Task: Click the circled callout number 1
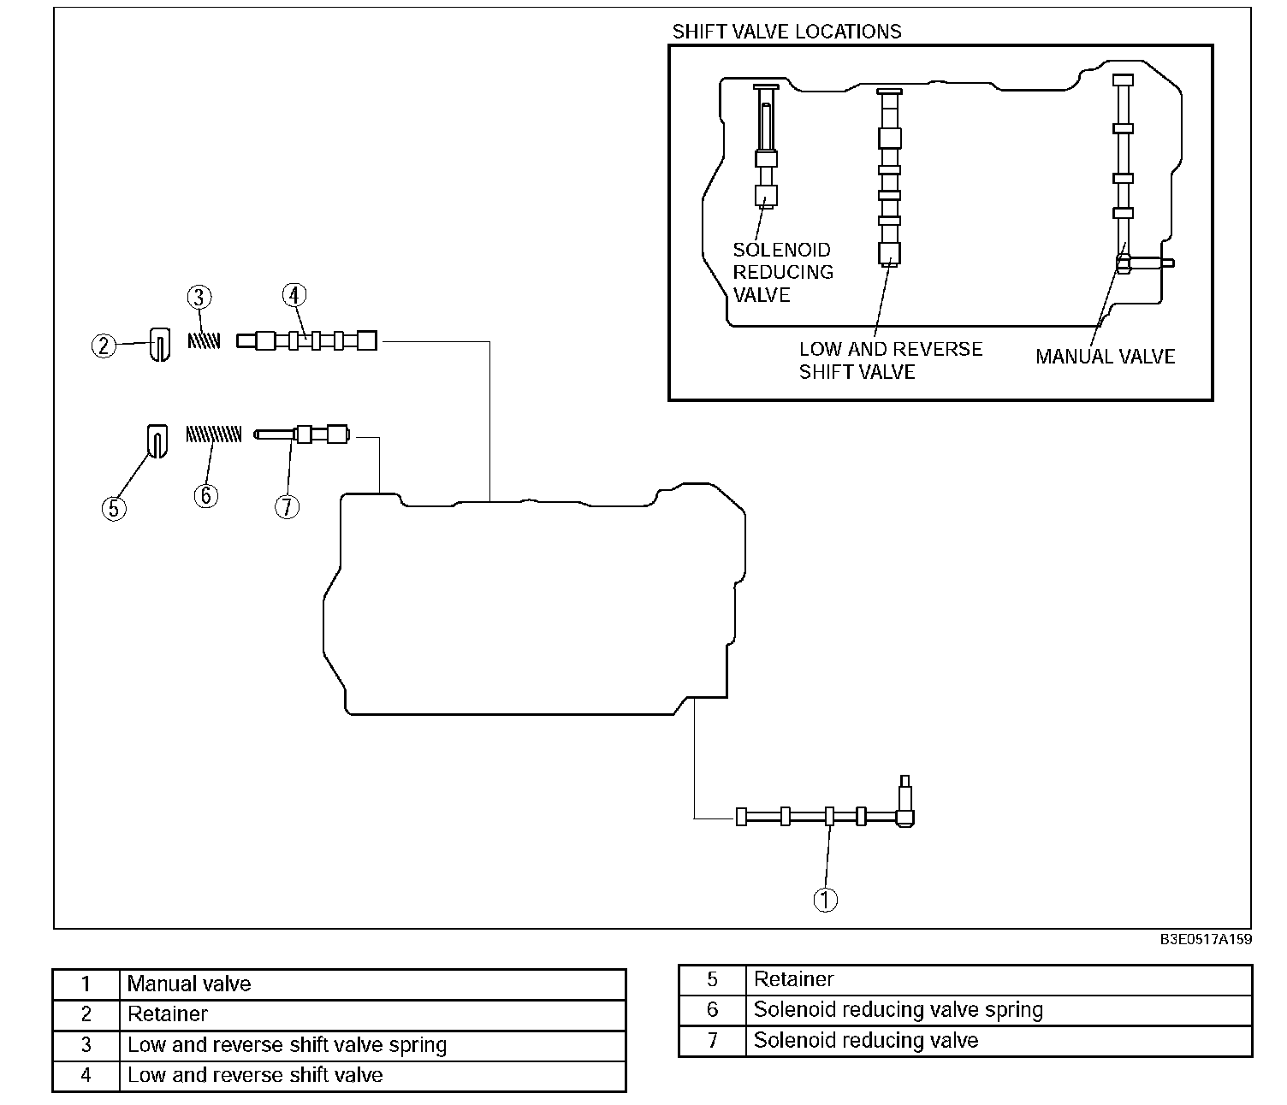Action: (826, 900)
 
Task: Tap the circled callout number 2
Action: (104, 346)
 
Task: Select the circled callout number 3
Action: (199, 297)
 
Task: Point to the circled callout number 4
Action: (294, 295)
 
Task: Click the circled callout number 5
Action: (114, 508)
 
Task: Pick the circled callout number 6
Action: (206, 496)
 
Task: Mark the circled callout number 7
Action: (287, 506)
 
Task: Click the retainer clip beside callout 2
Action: (160, 345)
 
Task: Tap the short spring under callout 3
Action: (205, 340)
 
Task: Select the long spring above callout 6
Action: (214, 434)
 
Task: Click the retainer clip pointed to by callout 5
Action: (157, 441)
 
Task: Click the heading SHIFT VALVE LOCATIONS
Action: (786, 31)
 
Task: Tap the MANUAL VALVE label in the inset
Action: (1106, 357)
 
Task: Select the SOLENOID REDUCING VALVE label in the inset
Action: (783, 272)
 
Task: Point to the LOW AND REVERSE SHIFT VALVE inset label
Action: (891, 360)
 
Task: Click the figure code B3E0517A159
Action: (1206, 939)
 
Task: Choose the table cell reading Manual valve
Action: (372, 984)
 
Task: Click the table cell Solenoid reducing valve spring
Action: (999, 1010)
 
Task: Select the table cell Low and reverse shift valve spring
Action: (372, 1044)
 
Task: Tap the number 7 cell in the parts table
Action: (712, 1040)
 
